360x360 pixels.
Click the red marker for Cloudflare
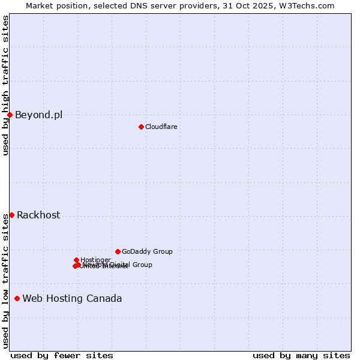141,127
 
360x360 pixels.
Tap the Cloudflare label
161,127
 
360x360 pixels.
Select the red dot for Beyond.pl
10,115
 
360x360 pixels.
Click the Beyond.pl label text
38,115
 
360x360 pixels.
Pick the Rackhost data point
11,215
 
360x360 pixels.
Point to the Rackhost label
38,215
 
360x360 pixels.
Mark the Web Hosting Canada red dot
17,298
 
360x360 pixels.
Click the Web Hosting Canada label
72,299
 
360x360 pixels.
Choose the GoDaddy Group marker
118,251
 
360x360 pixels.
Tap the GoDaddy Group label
147,252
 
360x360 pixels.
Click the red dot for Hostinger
76,260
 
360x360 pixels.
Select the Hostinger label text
96,260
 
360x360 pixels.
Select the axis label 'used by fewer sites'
62,355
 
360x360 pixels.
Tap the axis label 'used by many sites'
301,355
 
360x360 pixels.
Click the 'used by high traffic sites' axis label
5,85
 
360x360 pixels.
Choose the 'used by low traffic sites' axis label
5,280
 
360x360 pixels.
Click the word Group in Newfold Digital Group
142,265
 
